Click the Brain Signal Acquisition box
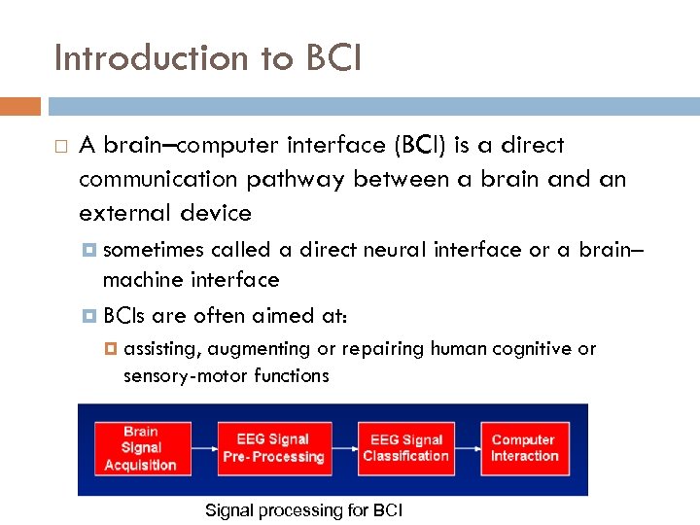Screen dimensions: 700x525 (x=141, y=448)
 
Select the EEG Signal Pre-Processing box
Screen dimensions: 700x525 (x=273, y=448)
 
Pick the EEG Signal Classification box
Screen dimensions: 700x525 (x=405, y=448)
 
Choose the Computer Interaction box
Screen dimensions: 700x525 (x=524, y=448)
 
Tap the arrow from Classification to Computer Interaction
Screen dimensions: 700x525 (x=468, y=448)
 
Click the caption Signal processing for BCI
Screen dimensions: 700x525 (x=304, y=510)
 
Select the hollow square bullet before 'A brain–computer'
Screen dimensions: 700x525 (x=60, y=147)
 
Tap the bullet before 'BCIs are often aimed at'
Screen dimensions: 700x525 (x=90, y=316)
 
